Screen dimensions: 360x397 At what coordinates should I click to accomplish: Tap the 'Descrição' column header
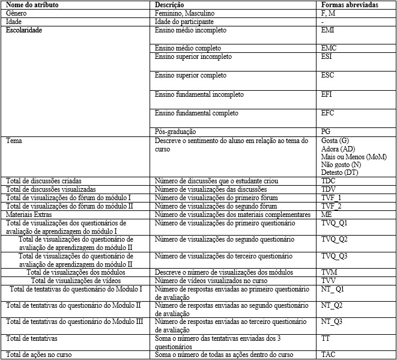pyautogui.click(x=171, y=5)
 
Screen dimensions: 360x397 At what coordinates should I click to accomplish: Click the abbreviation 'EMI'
pyautogui.click(x=329, y=29)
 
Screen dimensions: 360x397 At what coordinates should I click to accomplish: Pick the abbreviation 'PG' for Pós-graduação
pyautogui.click(x=326, y=132)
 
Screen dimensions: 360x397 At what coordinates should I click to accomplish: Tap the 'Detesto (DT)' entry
pyautogui.click(x=340, y=172)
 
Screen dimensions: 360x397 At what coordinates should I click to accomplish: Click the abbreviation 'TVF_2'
pyautogui.click(x=331, y=206)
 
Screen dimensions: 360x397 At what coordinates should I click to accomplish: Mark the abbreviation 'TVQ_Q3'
pyautogui.click(x=334, y=256)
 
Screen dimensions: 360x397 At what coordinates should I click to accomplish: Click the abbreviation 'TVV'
pyautogui.click(x=328, y=281)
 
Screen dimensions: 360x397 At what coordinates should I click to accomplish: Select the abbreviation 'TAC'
pyautogui.click(x=328, y=355)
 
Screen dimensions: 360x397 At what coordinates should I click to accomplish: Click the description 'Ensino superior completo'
pyautogui.click(x=190, y=76)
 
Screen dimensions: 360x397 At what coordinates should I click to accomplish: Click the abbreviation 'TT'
pyautogui.click(x=326, y=338)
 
